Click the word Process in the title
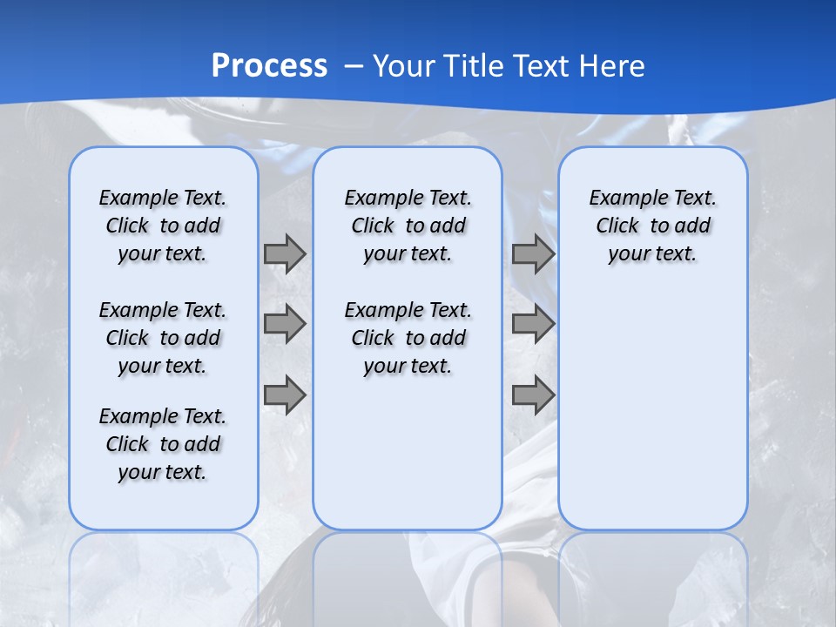coord(269,65)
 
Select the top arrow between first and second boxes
coord(285,253)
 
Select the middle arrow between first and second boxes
coord(285,324)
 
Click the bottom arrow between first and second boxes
coord(285,395)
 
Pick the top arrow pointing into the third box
coord(533,253)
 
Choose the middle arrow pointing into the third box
coord(533,324)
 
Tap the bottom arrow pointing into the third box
coord(533,395)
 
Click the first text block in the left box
coord(163,226)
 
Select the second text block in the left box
coord(163,338)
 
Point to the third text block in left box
coord(163,444)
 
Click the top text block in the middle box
coord(408,226)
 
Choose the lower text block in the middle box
coord(408,338)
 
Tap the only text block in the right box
coord(652,226)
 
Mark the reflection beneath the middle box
coord(408,575)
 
